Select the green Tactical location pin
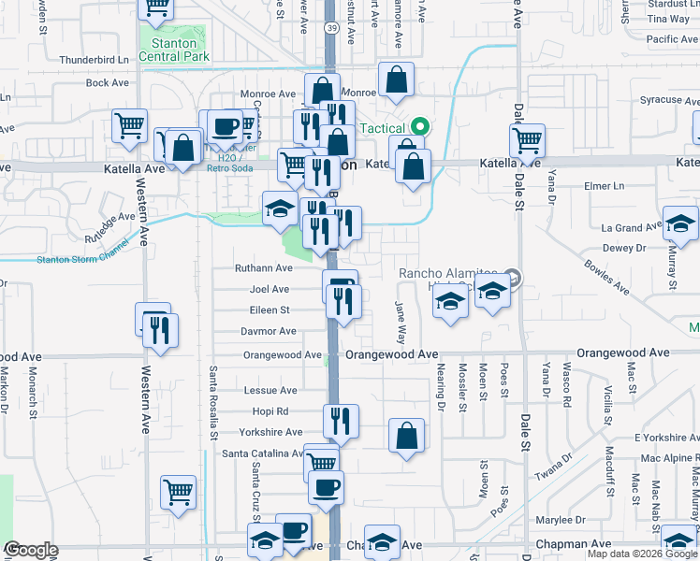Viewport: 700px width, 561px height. click(420, 127)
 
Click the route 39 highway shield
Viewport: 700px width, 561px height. click(331, 30)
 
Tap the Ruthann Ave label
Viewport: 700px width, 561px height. click(265, 267)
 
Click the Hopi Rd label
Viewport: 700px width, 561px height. click(270, 411)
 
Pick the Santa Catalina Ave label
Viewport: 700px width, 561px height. click(262, 453)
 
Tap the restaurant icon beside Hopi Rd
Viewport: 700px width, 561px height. click(342, 421)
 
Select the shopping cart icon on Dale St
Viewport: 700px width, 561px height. click(528, 141)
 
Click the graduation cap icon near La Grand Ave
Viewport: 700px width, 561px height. click(680, 224)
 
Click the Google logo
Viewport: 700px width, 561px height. click(31, 551)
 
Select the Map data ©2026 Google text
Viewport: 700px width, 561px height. click(642, 554)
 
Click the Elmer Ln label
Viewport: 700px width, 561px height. click(604, 186)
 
